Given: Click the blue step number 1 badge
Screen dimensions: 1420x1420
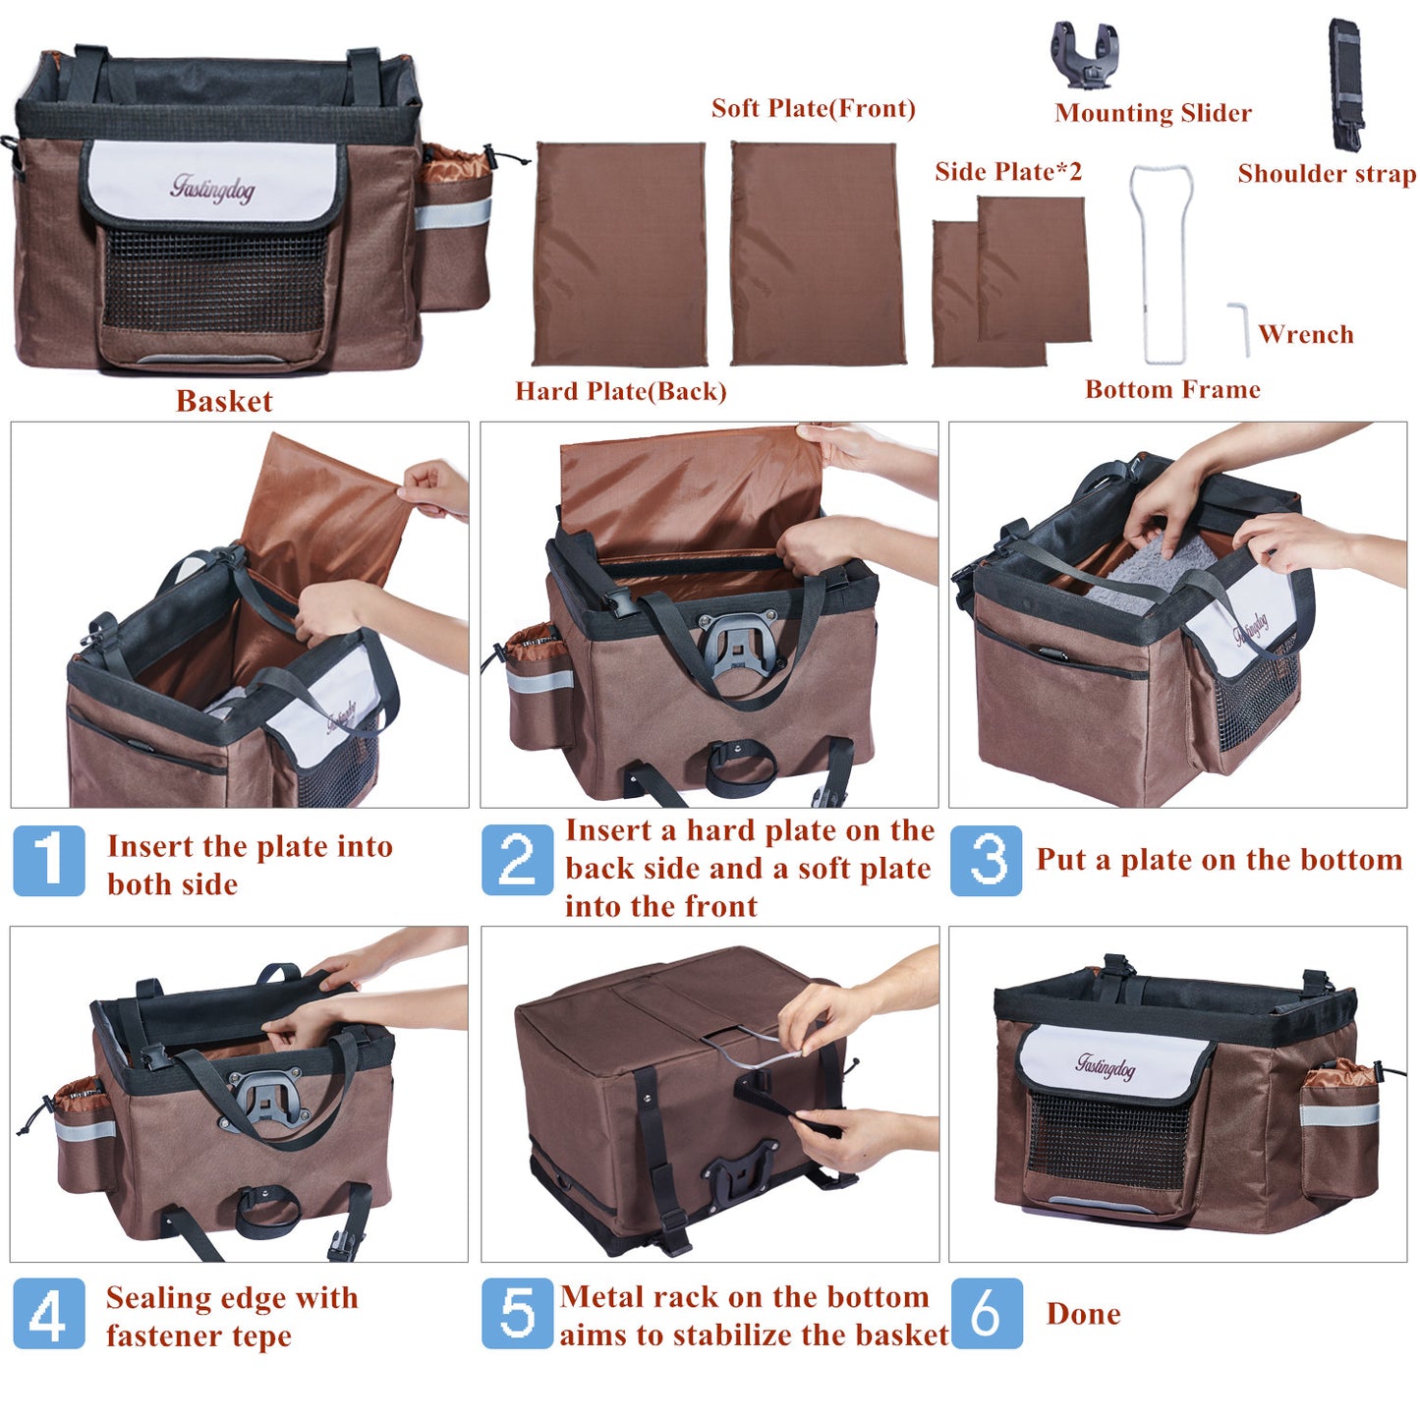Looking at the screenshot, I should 49,861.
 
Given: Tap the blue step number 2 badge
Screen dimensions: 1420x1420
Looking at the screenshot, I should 517,860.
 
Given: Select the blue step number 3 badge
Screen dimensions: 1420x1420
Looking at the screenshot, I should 986,860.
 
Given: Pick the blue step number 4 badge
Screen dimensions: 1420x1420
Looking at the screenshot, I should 49,1314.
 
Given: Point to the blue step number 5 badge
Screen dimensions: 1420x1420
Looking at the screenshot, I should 517,1314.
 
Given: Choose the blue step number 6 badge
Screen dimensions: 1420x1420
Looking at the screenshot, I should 987,1314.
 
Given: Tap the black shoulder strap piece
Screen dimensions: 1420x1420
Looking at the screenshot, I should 1345,84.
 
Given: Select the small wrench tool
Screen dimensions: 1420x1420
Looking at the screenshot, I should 1239,328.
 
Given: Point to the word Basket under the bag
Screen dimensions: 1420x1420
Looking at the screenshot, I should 224,401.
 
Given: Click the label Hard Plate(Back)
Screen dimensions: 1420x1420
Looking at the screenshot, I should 621,391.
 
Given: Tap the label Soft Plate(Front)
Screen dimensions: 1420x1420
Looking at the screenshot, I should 814,108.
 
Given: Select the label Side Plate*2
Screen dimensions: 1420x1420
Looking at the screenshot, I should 1008,172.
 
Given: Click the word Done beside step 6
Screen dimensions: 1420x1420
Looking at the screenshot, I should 1083,1314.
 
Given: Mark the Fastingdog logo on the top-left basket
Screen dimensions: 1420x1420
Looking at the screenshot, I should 212,187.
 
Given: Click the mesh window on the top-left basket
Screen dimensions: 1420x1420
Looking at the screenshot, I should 214,280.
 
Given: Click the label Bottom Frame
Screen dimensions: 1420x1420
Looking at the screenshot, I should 1172,389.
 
